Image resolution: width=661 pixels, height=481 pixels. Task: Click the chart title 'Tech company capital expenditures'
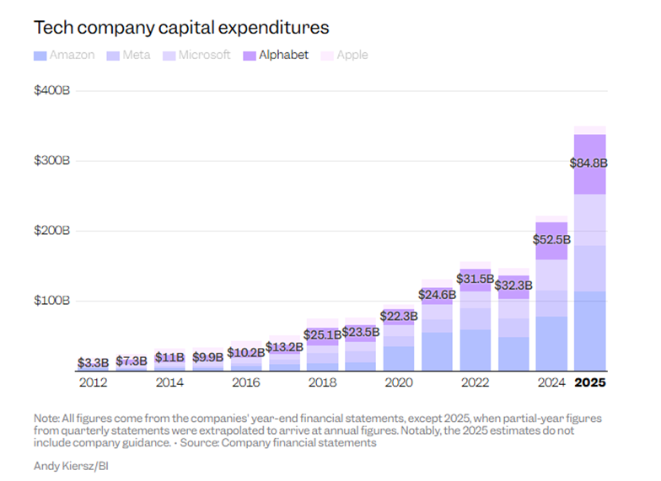coord(180,28)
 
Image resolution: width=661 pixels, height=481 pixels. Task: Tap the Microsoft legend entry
coord(196,56)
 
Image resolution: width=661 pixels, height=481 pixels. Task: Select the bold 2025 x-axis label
coord(590,383)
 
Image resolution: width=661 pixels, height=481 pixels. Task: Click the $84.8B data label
coord(590,163)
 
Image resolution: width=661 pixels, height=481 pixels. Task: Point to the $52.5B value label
coord(551,240)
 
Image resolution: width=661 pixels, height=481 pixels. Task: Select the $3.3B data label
coord(93,362)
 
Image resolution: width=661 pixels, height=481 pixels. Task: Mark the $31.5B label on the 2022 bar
coord(475,279)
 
